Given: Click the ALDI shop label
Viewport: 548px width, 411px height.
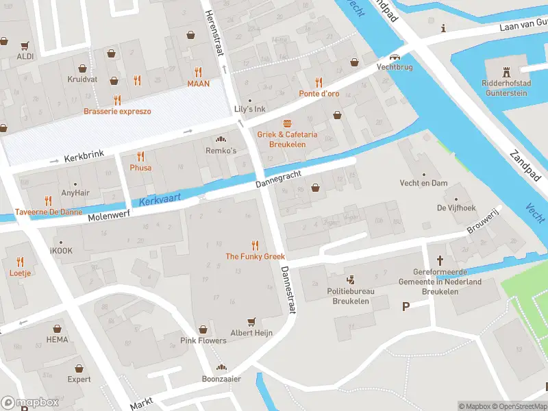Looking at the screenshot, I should click(x=25, y=56).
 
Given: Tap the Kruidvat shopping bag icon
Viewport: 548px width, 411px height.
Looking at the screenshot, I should click(x=82, y=68).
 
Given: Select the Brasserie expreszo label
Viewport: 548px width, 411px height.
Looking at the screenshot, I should click(x=117, y=111).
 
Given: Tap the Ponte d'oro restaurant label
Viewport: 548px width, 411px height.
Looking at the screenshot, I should click(x=319, y=94).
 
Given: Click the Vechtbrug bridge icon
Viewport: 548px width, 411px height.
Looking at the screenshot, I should click(x=394, y=58).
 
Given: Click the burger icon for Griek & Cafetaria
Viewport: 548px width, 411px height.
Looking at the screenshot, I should click(x=287, y=123).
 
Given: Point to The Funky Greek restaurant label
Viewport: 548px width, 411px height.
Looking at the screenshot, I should click(x=256, y=256).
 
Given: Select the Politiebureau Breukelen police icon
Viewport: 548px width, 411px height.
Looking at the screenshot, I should click(x=351, y=279).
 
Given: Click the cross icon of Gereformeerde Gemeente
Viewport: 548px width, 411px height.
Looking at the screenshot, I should click(x=440, y=260).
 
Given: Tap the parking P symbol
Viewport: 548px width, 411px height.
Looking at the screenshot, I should click(x=406, y=306).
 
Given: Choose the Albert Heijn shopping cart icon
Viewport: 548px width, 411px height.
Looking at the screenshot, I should click(x=251, y=321).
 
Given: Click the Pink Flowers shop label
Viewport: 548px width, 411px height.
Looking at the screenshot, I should click(x=203, y=340).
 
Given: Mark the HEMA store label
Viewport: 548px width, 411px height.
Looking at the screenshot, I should click(x=58, y=340).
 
